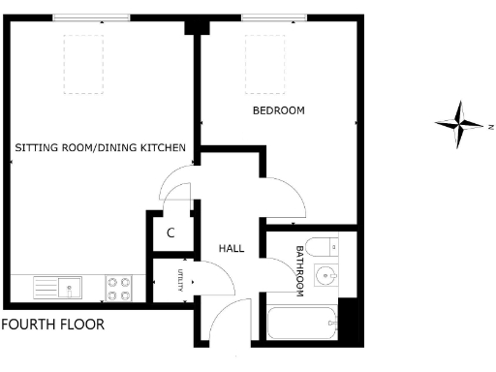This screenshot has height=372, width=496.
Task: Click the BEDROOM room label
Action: [x=278, y=111]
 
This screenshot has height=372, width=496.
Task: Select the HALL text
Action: [x=231, y=249]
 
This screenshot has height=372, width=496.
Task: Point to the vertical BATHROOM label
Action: [x=300, y=270]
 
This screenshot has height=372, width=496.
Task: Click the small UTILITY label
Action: [x=180, y=282]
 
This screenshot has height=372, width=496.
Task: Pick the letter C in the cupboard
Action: [x=170, y=232]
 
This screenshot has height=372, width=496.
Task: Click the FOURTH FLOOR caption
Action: [x=52, y=325]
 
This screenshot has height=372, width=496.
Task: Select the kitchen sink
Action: [x=58, y=287]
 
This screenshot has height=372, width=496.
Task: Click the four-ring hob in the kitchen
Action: [x=119, y=288]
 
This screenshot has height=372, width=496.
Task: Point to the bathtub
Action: [x=302, y=321]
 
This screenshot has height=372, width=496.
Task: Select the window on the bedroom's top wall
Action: [x=275, y=16]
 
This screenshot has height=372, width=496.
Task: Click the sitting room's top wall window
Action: [x=91, y=16]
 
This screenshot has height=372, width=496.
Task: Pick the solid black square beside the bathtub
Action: [x=352, y=319]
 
